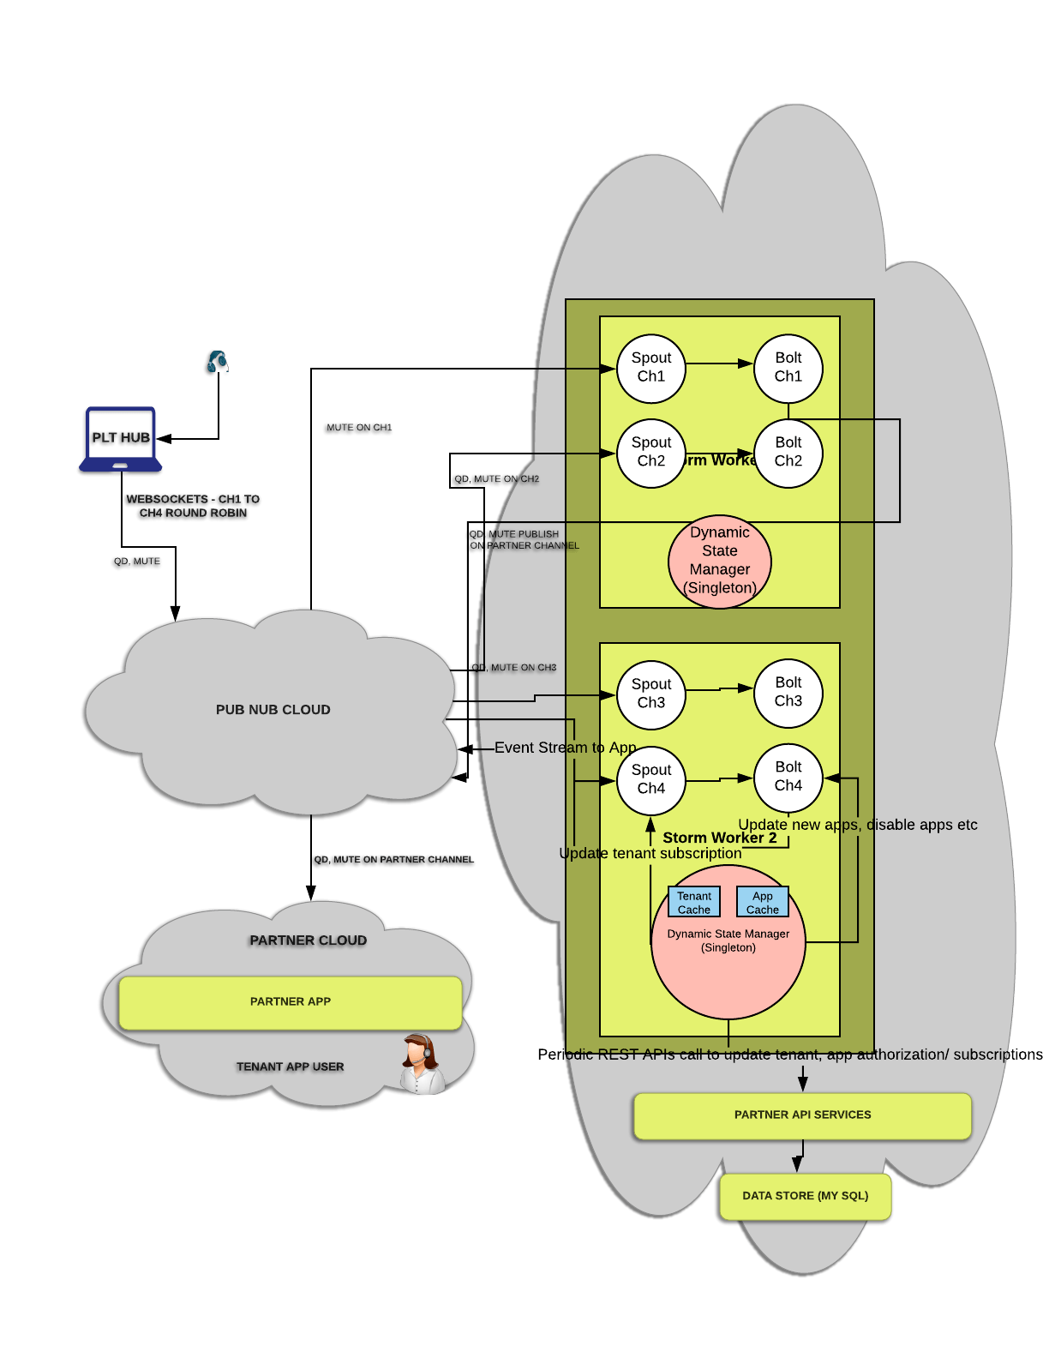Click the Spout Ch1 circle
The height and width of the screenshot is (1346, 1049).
pos(651,368)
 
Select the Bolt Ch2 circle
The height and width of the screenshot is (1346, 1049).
pos(788,453)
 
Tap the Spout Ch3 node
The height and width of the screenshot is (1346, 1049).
pos(651,694)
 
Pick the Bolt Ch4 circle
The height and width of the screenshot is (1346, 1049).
pos(788,777)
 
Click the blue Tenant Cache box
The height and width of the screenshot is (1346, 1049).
pos(694,902)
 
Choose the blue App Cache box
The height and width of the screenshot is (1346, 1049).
pos(763,902)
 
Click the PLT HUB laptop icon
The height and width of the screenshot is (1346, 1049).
pos(121,439)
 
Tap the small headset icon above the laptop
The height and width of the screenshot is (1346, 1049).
pos(217,362)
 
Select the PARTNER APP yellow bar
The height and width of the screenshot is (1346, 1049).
pos(291,1001)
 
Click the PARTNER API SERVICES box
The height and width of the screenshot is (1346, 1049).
pos(802,1115)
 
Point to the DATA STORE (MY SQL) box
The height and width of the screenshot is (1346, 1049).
pos(806,1195)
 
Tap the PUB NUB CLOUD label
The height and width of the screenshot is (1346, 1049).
pos(273,710)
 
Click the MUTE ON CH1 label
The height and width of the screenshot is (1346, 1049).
pos(358,427)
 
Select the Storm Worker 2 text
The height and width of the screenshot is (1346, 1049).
pos(720,838)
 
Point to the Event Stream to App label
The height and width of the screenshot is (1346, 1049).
pos(565,748)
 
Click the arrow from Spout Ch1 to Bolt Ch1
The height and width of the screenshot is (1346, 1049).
pos(720,364)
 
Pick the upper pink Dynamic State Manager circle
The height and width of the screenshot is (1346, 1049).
pos(720,561)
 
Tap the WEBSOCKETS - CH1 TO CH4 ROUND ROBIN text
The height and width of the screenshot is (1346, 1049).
pos(193,506)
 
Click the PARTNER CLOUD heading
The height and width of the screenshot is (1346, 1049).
pos(309,940)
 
